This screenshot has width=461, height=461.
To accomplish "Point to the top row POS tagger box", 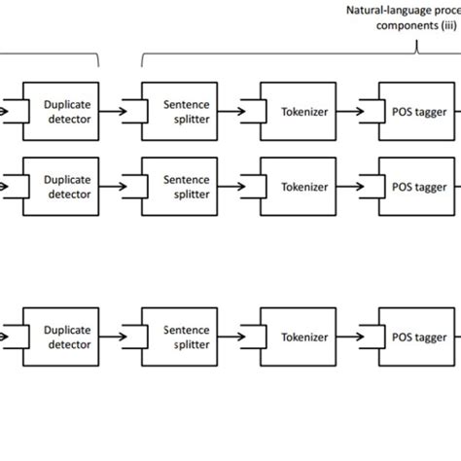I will (x=418, y=112).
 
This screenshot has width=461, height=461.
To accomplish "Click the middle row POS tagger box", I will (x=418, y=186).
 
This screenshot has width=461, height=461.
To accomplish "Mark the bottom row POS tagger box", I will (x=418, y=337).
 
